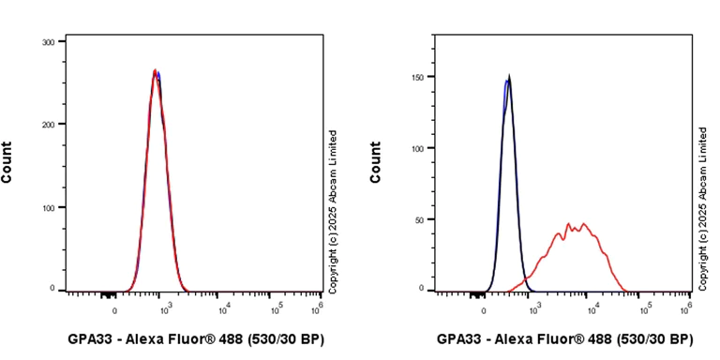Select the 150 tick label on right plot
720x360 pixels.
(x=419, y=77)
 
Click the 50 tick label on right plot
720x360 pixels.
(x=422, y=219)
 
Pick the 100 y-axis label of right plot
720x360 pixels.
(x=419, y=148)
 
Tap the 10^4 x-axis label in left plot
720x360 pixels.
(x=224, y=306)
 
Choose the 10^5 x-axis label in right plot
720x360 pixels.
(x=642, y=306)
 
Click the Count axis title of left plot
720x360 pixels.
(x=7, y=162)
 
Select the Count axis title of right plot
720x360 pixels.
(x=376, y=162)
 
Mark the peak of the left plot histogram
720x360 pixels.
(x=157, y=71)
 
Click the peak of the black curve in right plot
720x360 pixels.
(x=508, y=78)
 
